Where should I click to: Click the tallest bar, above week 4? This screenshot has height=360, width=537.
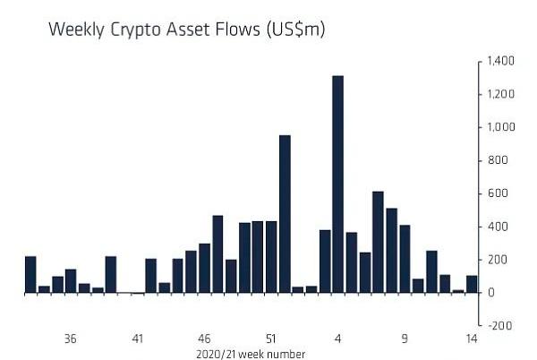(337, 184)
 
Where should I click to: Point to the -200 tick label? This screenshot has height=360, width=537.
(499, 326)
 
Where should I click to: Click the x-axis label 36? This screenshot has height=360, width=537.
(71, 339)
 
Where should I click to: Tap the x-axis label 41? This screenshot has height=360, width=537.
(138, 339)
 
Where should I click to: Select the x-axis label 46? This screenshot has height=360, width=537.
(204, 339)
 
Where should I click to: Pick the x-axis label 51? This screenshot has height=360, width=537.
(271, 339)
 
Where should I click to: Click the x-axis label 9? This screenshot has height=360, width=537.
(405, 339)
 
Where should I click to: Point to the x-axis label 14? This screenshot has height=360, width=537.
(471, 339)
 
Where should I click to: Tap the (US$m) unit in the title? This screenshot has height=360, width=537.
(289, 30)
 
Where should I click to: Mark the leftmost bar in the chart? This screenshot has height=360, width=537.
(30, 274)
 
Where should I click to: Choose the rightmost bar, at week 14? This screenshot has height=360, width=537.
(472, 284)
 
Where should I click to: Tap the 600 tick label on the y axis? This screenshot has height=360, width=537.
(496, 194)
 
